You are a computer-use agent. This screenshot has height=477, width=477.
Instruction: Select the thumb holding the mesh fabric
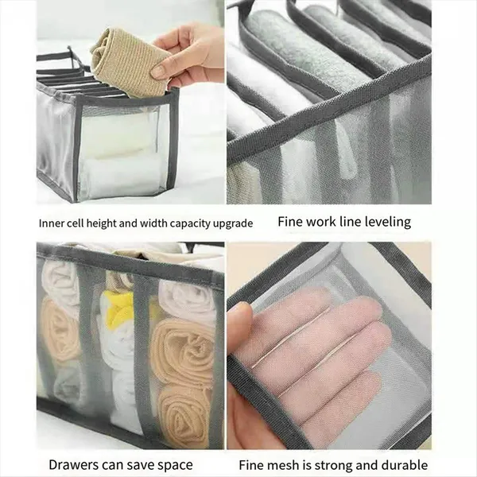point(240,331)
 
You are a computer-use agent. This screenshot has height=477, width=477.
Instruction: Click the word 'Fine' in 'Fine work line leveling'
point(290,222)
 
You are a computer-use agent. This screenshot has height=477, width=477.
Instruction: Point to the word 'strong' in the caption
point(333,466)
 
